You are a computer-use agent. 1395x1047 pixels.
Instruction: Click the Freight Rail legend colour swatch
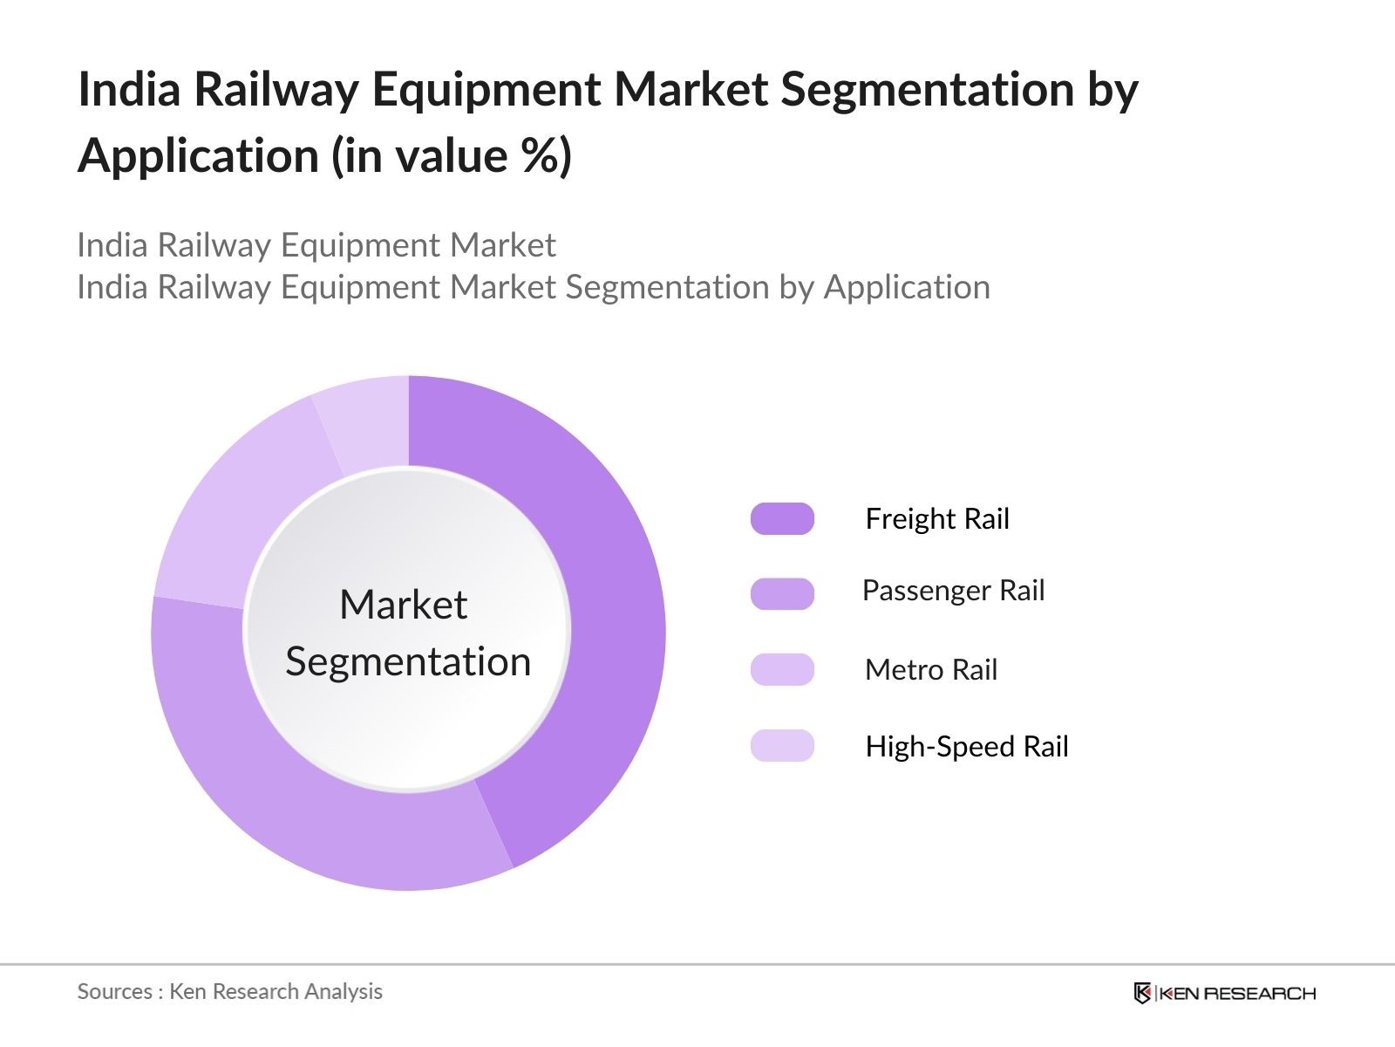point(782,518)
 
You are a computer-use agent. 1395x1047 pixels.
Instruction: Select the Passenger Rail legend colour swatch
point(782,593)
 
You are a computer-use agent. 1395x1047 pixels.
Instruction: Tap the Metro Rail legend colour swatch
point(782,669)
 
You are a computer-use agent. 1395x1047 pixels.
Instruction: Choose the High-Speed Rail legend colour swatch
point(782,746)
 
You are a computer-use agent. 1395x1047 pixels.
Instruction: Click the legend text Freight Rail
point(937,519)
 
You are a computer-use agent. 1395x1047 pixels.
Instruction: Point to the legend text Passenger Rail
point(953,591)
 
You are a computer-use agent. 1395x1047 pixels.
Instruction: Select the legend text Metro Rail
point(931,670)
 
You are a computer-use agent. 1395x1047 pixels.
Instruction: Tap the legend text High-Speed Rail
point(967,747)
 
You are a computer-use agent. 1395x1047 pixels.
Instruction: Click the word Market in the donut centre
point(403,605)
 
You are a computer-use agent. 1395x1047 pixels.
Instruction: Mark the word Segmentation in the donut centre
point(408,661)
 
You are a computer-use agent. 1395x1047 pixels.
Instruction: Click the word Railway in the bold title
point(276,90)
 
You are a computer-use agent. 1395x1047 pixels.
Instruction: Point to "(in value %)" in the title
point(452,156)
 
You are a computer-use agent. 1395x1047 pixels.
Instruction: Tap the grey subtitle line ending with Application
point(534,287)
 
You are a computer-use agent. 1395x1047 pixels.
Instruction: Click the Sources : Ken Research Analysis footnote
point(230,991)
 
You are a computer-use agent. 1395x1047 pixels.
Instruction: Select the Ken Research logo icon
point(1142,993)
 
